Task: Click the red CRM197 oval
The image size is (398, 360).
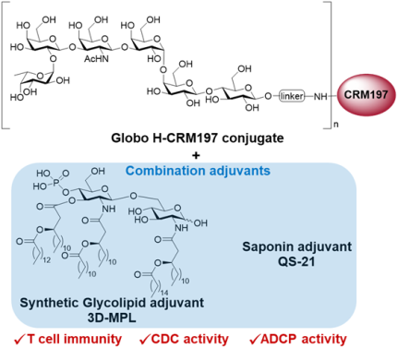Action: [x=366, y=94]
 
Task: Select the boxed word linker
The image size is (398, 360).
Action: [x=292, y=96]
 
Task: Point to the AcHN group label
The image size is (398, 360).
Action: [x=96, y=58]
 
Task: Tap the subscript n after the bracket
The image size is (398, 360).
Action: [x=335, y=125]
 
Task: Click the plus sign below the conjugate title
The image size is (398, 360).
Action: [x=196, y=155]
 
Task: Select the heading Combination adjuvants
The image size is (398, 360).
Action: [x=198, y=171]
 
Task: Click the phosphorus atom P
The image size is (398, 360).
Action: [x=55, y=183]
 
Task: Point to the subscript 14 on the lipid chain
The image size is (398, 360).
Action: [x=163, y=294]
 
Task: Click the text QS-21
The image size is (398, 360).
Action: [x=296, y=261]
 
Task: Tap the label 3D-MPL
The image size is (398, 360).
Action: [x=112, y=318]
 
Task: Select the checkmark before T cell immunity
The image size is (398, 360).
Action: [x=19, y=340]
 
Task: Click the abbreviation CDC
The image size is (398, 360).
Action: [x=165, y=339]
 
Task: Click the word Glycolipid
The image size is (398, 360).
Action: [x=115, y=303]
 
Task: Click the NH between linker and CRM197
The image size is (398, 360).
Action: [x=320, y=97]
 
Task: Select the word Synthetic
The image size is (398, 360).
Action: [x=50, y=303]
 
